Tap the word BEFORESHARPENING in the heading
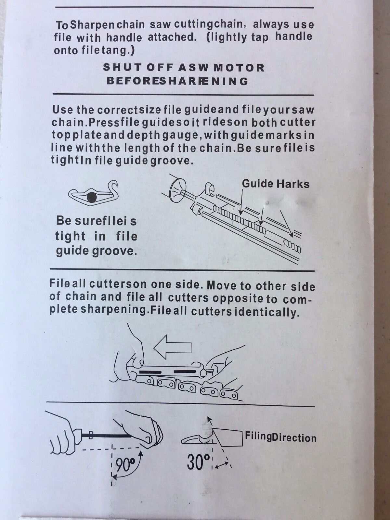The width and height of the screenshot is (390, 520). pos(177,81)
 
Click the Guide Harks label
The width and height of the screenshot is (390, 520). pos(276,184)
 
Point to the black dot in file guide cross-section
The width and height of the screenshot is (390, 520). pos(92,197)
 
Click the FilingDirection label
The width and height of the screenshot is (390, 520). pos(280,437)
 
